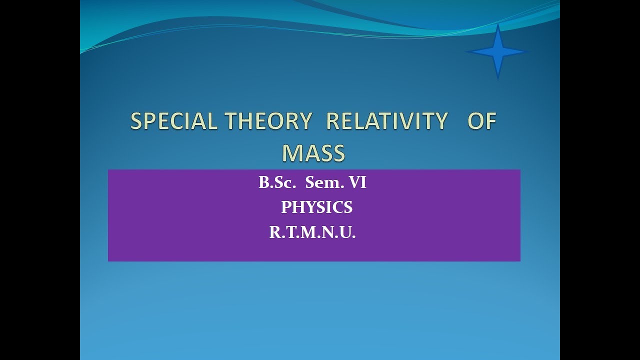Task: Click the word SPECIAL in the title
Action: pyautogui.click(x=173, y=121)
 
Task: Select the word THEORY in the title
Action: pyautogui.click(x=268, y=121)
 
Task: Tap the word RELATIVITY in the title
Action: pyautogui.click(x=386, y=121)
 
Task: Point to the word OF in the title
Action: pyautogui.click(x=481, y=121)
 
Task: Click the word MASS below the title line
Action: pyautogui.click(x=313, y=153)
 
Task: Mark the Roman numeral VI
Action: pyautogui.click(x=357, y=183)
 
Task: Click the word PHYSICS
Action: pyautogui.click(x=316, y=207)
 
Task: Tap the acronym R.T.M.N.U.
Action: pyautogui.click(x=312, y=232)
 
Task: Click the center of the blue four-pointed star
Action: pyautogui.click(x=497, y=51)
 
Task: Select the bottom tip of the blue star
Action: pyautogui.click(x=497, y=78)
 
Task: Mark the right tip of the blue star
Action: pyautogui.click(x=528, y=51)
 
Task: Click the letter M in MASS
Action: pyautogui.click(x=291, y=153)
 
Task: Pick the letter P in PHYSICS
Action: pyautogui.click(x=285, y=207)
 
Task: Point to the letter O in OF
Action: pyautogui.click(x=475, y=121)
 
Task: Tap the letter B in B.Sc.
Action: pyautogui.click(x=263, y=183)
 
